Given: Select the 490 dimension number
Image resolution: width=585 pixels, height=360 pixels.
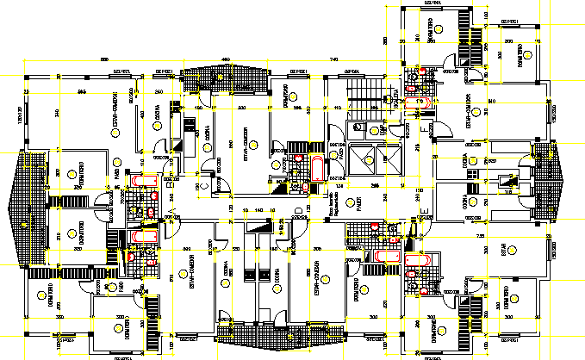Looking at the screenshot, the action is tap(225, 59).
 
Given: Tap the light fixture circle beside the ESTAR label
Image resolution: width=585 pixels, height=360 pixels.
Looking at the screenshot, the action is tap(513, 251).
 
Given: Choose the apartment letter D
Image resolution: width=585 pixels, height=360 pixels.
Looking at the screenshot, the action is tap(297, 210).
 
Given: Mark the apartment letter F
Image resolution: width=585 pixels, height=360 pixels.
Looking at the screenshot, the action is tap(421, 124).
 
